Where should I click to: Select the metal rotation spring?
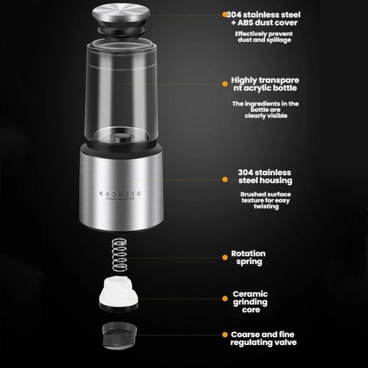pyautogui.click(x=118, y=255)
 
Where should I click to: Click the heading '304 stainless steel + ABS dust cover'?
pyautogui.click(x=263, y=18)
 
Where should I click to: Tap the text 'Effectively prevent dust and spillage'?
pyautogui.click(x=263, y=37)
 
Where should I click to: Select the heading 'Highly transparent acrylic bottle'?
pyautogui.click(x=265, y=84)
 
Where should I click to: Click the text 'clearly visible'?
pyautogui.click(x=265, y=116)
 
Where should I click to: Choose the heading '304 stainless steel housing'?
pyautogui.click(x=264, y=177)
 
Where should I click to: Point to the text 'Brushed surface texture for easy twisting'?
pyautogui.click(x=265, y=200)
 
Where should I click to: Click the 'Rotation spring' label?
pyautogui.click(x=249, y=258)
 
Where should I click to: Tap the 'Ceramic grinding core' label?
pyautogui.click(x=250, y=302)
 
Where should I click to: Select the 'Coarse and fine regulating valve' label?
pyautogui.click(x=263, y=339)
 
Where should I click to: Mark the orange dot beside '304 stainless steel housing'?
pyautogui.click(x=225, y=180)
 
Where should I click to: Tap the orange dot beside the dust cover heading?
pyautogui.click(x=225, y=15)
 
